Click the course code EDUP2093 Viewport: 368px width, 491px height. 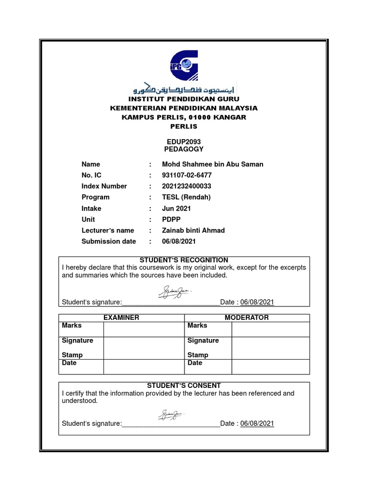click(184, 142)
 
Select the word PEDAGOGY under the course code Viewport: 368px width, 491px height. click(184, 149)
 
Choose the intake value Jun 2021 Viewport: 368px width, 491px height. click(176, 209)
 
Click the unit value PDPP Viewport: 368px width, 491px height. click(172, 220)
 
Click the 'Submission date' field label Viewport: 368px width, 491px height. click(109, 242)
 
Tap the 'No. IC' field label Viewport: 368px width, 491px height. click(92, 175)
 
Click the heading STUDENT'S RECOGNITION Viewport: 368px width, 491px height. click(184, 260)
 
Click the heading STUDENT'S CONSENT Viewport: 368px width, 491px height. click(184, 386)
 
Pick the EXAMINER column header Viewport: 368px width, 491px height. click(121, 318)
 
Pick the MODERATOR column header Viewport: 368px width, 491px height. click(247, 318)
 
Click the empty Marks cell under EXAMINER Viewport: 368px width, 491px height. click(144, 329)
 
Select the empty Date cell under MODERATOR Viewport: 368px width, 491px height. click(270, 366)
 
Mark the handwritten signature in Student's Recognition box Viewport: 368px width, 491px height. click(174, 292)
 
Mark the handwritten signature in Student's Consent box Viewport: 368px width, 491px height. click(171, 414)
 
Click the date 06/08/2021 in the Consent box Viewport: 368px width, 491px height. click(257, 423)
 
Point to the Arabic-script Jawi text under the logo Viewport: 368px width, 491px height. click(184, 89)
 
